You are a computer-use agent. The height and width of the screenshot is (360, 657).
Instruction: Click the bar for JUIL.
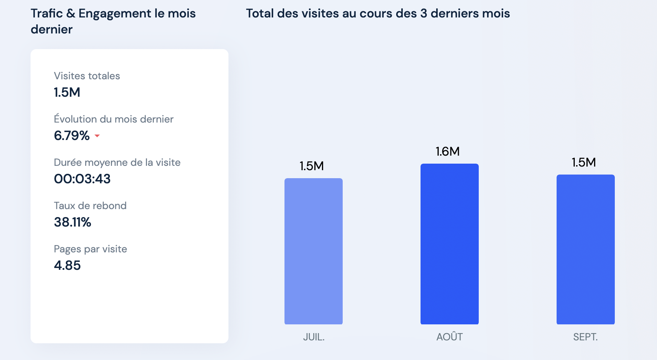tap(313, 251)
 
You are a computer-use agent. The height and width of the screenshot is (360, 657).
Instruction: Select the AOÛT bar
tap(449, 244)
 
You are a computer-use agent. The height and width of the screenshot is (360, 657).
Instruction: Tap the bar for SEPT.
tap(585, 249)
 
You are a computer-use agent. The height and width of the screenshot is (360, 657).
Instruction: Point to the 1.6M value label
tap(447, 151)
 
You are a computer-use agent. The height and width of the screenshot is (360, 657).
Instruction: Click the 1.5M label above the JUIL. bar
tap(311, 166)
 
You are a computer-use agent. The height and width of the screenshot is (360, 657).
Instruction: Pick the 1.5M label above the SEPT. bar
tap(584, 162)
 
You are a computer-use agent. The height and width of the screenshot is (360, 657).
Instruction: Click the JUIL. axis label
tap(314, 337)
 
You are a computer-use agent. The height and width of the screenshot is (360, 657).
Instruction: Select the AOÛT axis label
tap(450, 337)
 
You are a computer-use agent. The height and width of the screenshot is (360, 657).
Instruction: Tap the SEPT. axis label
tap(585, 337)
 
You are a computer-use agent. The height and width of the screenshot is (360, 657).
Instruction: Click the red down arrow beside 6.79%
tap(97, 136)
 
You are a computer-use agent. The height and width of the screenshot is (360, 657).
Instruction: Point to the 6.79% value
tap(72, 136)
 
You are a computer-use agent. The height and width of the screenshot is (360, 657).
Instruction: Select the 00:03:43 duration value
tap(82, 179)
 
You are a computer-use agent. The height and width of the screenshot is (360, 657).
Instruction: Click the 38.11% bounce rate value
tap(72, 222)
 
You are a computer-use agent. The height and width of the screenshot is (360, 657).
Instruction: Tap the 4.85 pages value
tap(67, 265)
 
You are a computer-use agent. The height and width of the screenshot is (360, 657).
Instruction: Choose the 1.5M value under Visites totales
tap(67, 92)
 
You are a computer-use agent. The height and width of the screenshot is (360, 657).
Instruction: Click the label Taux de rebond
tap(90, 206)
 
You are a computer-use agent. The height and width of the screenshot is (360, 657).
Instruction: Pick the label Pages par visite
tap(91, 249)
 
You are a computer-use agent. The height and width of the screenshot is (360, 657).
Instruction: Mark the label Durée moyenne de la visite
tap(117, 163)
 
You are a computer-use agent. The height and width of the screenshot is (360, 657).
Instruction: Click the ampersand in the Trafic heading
tap(71, 13)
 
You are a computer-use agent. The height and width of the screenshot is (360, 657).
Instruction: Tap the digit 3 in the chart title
tap(423, 13)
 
